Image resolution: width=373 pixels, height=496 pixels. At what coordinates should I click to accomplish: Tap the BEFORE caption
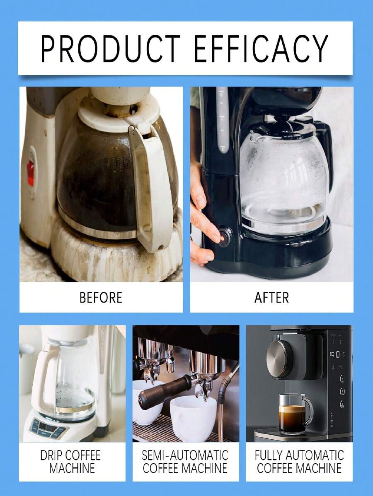pos(101,297)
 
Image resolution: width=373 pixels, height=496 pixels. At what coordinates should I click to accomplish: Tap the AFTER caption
pos(271,297)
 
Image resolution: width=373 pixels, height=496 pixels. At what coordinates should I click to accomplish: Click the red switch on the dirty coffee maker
pos(31,173)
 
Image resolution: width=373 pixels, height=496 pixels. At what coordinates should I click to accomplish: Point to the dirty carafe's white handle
pos(151,182)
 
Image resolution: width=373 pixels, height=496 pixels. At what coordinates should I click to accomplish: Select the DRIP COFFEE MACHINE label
pos(70,462)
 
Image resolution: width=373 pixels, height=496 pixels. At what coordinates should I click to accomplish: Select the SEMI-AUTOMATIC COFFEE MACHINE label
pos(185,462)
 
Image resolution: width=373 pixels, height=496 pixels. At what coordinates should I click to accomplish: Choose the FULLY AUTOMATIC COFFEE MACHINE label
pos(299,462)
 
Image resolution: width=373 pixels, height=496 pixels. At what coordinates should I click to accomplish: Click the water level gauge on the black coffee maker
pos(223,120)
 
